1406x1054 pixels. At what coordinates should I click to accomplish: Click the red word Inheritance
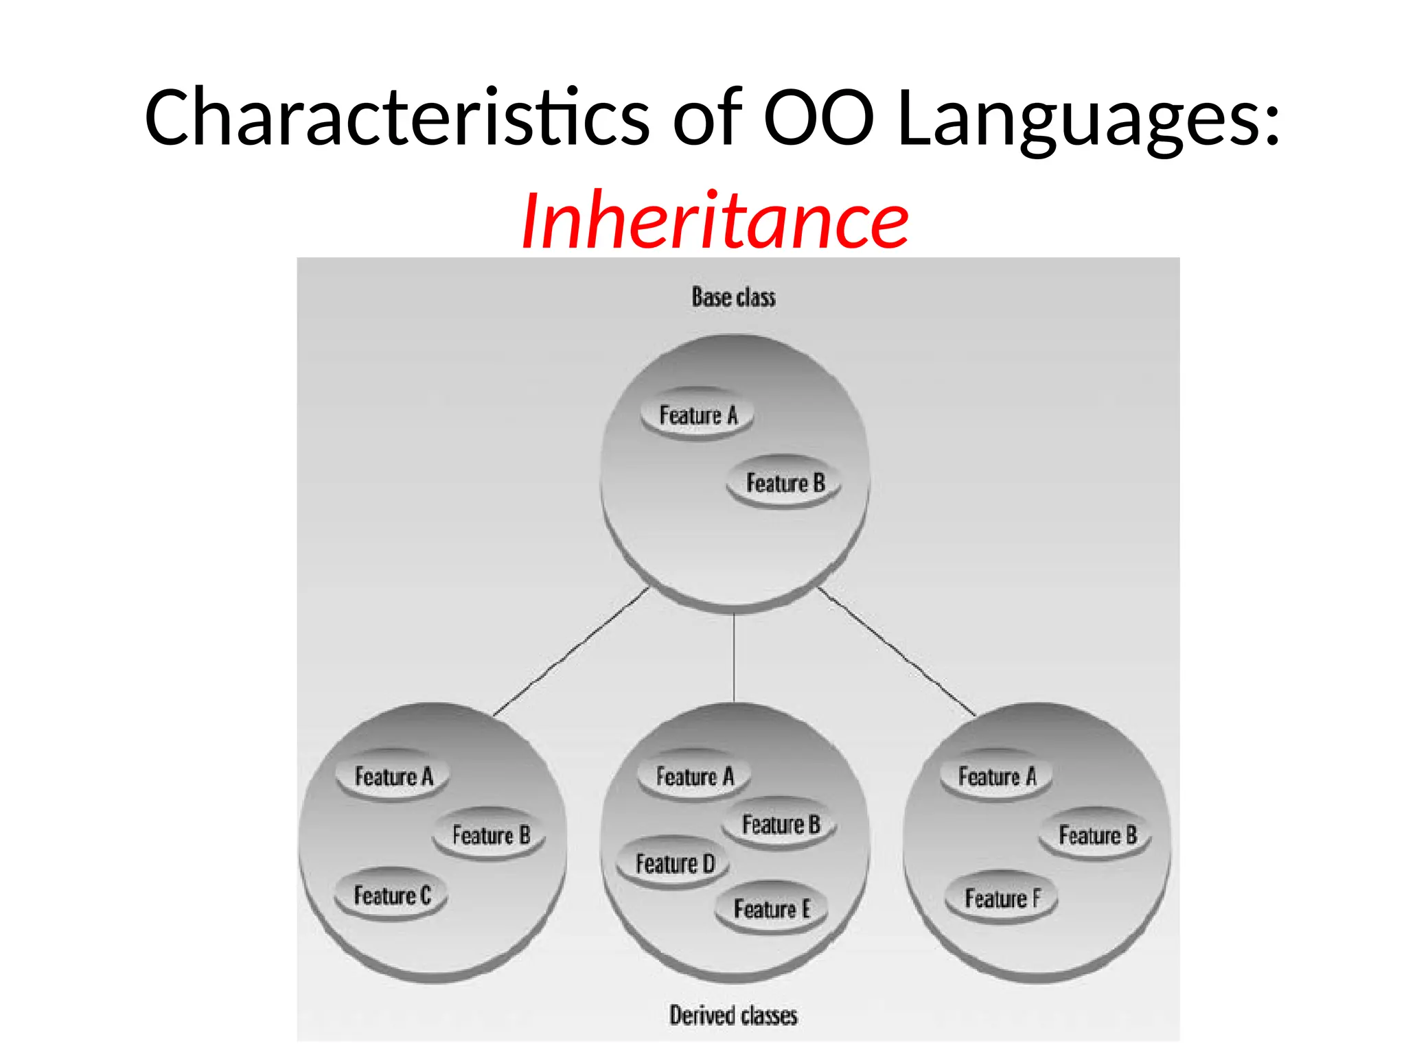coord(715,221)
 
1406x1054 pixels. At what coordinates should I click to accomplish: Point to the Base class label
coord(733,297)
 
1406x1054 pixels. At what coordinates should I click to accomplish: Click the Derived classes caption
coord(733,1015)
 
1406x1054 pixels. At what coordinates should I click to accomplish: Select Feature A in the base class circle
coord(698,415)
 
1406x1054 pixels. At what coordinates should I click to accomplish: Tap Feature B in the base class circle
coord(785,483)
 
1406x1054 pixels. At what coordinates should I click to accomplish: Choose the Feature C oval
coord(391,895)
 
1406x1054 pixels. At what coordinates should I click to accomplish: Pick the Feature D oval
coord(674,863)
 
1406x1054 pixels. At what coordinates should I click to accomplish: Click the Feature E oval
coord(772,909)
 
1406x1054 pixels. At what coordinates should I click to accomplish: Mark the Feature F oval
coord(1002,898)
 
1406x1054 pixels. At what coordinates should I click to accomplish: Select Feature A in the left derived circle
coord(393,776)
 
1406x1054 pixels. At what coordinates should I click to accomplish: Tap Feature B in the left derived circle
coord(490,835)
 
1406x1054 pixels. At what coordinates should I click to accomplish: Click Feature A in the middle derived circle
coord(694,776)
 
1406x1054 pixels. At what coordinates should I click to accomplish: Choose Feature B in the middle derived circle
coord(781,824)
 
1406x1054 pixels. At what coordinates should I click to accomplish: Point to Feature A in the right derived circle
coord(996,776)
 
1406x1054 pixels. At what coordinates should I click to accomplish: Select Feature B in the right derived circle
coord(1096,835)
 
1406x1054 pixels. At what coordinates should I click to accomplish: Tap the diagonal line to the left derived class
coord(571,652)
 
